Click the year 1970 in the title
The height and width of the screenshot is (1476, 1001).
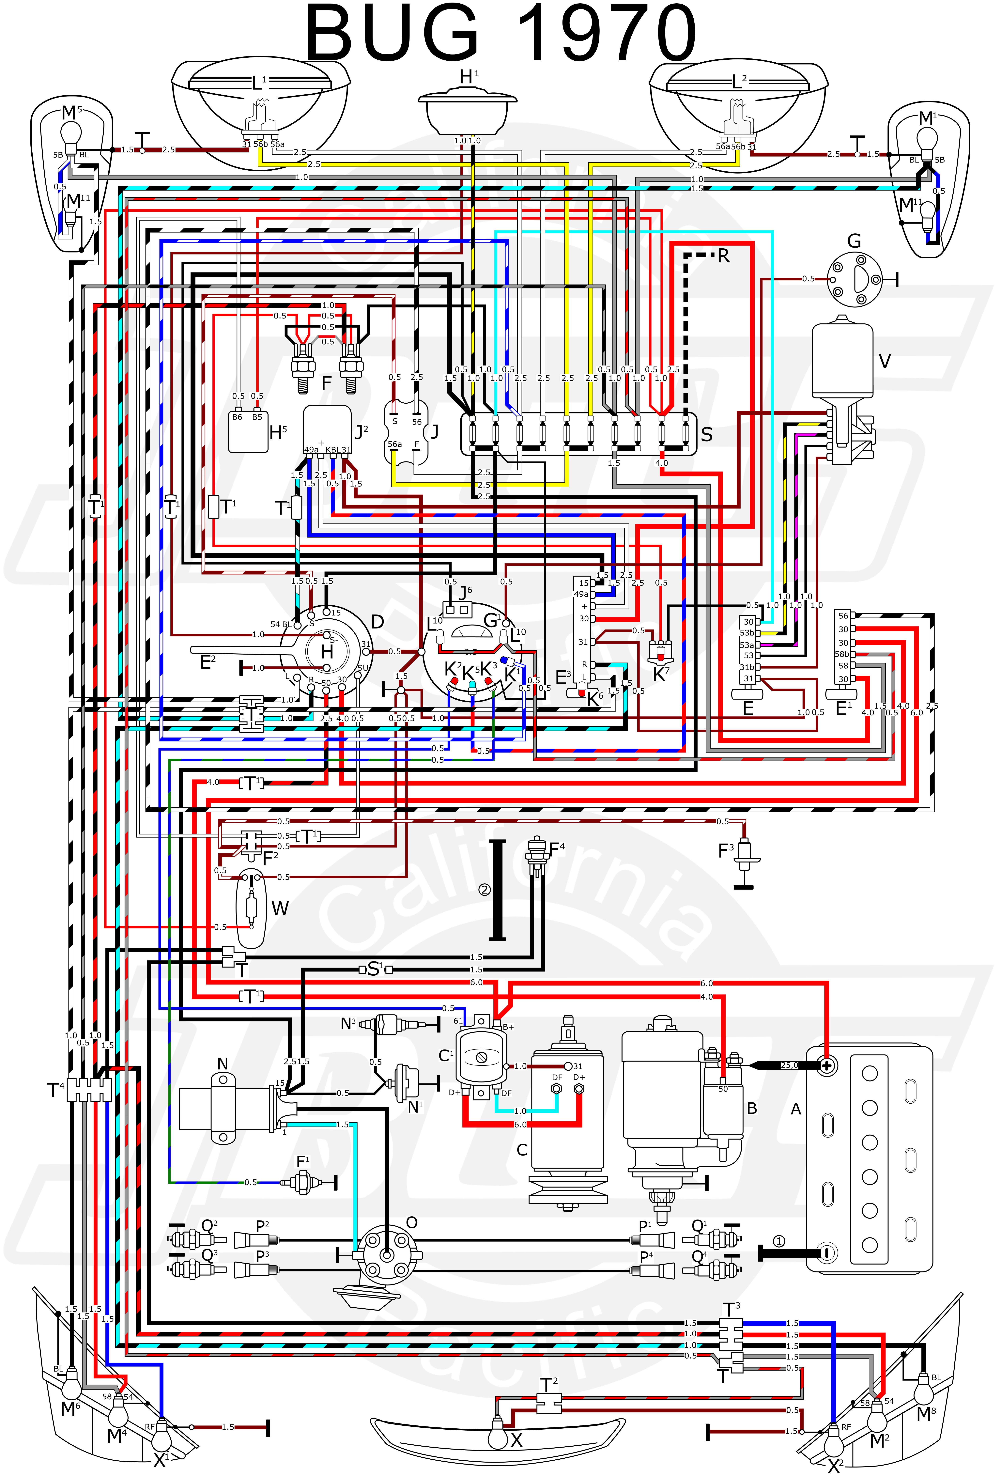click(607, 33)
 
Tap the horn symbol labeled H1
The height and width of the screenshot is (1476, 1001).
click(467, 111)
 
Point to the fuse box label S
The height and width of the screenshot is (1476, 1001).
click(706, 434)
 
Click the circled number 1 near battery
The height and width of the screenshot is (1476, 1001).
click(779, 1242)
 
